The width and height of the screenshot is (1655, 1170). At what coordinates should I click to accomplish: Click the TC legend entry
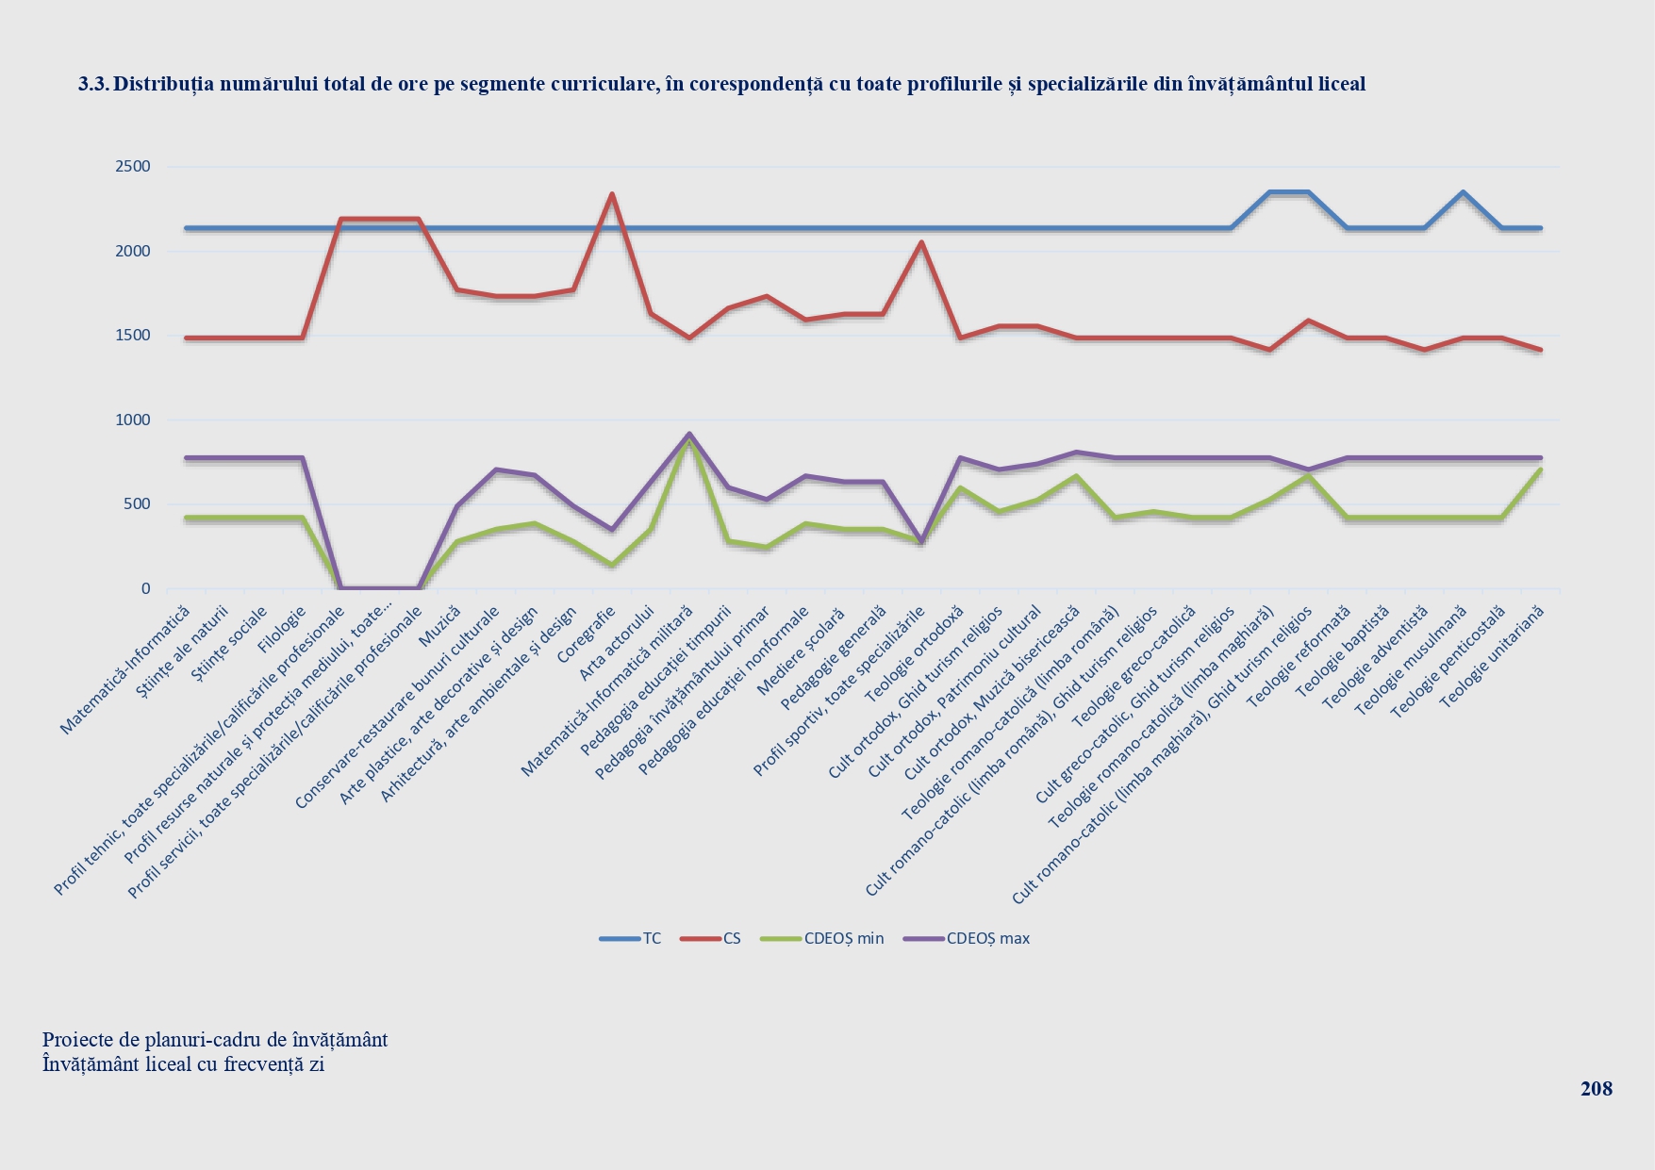pyautogui.click(x=652, y=938)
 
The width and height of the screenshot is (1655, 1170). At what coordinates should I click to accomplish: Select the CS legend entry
pyautogui.click(x=732, y=938)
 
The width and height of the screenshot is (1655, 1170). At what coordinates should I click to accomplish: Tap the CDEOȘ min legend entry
pyautogui.click(x=844, y=938)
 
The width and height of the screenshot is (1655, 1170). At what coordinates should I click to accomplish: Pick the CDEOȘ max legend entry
pyautogui.click(x=987, y=938)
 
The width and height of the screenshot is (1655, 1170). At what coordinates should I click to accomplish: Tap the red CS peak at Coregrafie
pyautogui.click(x=612, y=194)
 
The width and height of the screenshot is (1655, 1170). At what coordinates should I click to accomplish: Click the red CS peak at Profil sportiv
pyautogui.click(x=921, y=242)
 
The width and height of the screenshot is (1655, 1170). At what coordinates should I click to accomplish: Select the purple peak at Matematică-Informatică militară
pyautogui.click(x=689, y=434)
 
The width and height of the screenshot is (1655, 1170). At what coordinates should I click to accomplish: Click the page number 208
pyautogui.click(x=1596, y=1089)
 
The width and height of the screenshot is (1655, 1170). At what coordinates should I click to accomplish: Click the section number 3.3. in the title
pyautogui.click(x=92, y=84)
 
